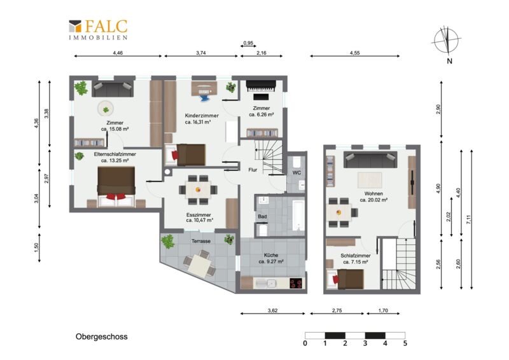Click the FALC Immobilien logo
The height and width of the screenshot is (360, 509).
point(98,29)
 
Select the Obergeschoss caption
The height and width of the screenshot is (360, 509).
point(102,336)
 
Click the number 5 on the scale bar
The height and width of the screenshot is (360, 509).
point(405,343)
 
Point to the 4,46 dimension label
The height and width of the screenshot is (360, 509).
point(118,53)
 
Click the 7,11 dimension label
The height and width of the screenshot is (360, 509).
point(468,220)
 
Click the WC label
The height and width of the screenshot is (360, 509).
point(296,173)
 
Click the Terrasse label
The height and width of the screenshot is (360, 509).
point(201,241)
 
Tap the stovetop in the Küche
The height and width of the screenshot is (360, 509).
point(296,284)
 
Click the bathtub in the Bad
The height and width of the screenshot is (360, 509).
point(298,216)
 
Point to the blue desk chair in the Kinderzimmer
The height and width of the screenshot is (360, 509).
point(204,96)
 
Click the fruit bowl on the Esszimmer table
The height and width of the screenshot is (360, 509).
point(198,190)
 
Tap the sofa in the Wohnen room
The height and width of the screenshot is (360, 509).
point(370,160)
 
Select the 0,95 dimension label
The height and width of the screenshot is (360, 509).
point(248,43)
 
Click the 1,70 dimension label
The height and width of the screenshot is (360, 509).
point(383,310)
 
